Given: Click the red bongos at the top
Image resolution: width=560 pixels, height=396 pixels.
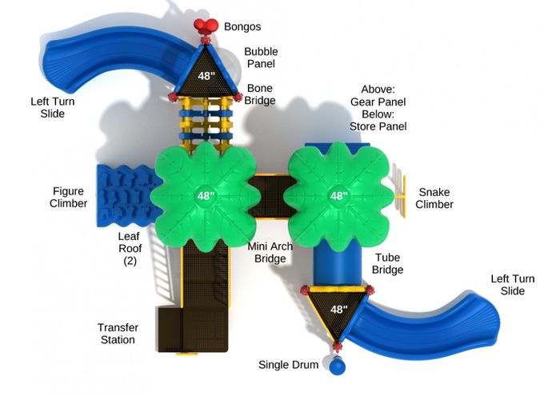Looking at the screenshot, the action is point(206,26).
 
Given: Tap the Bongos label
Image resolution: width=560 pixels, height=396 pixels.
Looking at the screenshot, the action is point(242,26).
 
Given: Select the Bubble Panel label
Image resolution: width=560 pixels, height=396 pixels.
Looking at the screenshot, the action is point(261,58).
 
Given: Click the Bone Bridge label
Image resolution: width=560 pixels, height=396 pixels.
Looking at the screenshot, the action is point(260,94).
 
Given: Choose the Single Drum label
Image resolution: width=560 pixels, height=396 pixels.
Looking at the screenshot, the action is point(288,365).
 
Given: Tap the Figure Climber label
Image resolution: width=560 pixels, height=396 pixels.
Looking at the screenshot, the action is point(68,197).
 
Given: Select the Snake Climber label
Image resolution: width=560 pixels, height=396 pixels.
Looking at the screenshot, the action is point(434,198).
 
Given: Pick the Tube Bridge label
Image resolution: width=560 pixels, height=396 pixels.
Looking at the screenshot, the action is point(387,263).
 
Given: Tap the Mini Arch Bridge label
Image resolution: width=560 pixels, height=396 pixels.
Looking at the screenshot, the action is point(270,252).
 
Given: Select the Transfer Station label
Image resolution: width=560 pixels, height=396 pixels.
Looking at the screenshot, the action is point(118,334).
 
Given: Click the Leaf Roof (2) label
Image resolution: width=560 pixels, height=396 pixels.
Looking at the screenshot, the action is point(130,249).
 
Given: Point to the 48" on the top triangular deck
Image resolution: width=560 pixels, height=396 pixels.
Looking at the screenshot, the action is point(206,76).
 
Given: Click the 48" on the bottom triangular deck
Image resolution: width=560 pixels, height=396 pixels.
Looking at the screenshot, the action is point(338,310).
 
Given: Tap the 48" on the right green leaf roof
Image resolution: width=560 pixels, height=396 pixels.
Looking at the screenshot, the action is point(338,196).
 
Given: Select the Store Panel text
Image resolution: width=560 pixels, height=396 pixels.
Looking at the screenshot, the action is point(378,126).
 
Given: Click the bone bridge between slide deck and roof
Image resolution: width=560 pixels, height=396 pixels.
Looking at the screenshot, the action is point(206,122).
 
